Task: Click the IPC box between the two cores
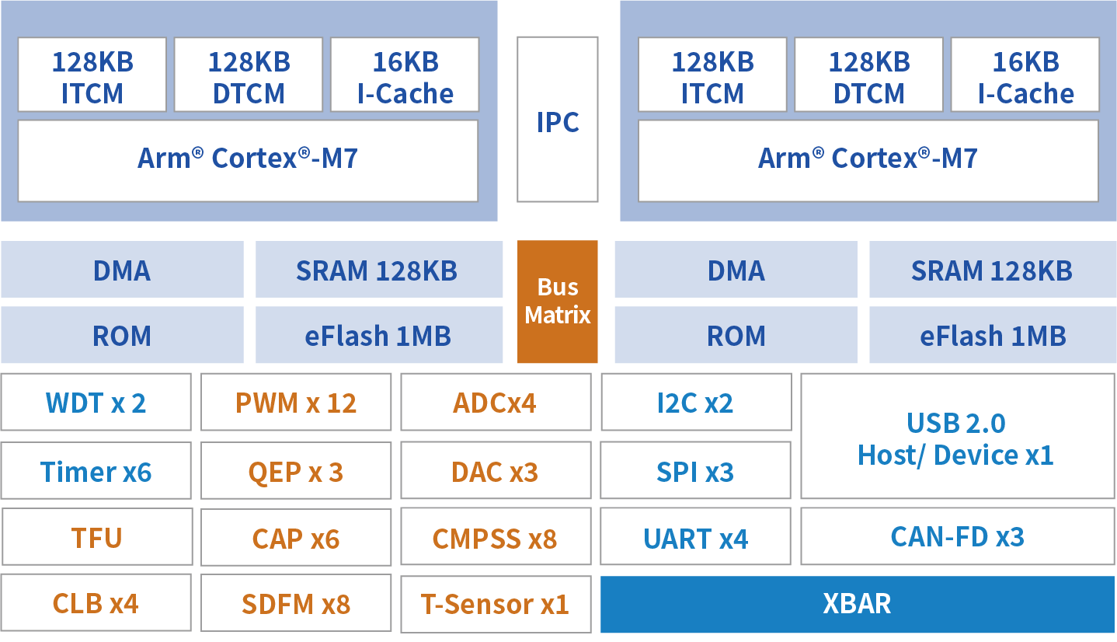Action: pos(558,119)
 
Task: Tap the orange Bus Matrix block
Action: pos(558,302)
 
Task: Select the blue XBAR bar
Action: pos(858,604)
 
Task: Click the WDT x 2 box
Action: pos(96,402)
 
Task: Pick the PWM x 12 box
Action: pos(296,402)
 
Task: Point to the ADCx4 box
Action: pos(496,402)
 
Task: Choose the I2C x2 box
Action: pos(696,402)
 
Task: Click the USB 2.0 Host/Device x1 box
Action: pos(958,436)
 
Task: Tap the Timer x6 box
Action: pos(96,470)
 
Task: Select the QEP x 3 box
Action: pos(296,470)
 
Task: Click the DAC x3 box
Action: pos(496,470)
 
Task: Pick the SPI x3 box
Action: pos(696,470)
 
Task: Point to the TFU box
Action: pos(97,537)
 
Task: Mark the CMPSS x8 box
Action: pos(496,537)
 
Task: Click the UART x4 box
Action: pos(696,537)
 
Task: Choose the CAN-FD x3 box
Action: pos(958,537)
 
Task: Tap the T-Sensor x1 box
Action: pos(496,604)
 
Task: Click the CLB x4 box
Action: pos(96,602)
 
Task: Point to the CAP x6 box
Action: pos(296,537)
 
